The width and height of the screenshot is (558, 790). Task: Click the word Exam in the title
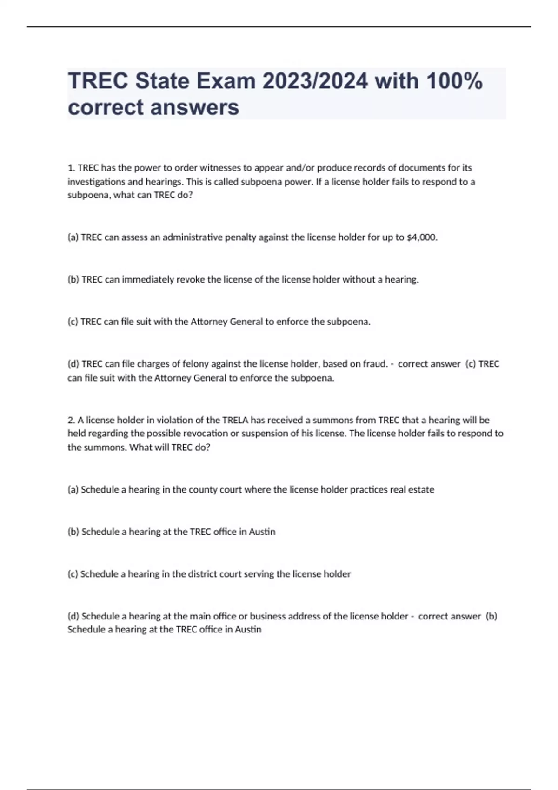click(x=226, y=81)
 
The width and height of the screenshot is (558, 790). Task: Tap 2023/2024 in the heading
click(x=315, y=81)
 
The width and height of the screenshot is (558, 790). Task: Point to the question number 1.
click(x=71, y=168)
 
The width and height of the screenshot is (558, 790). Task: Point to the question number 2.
click(x=71, y=420)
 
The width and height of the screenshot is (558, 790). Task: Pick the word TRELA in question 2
click(x=235, y=420)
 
